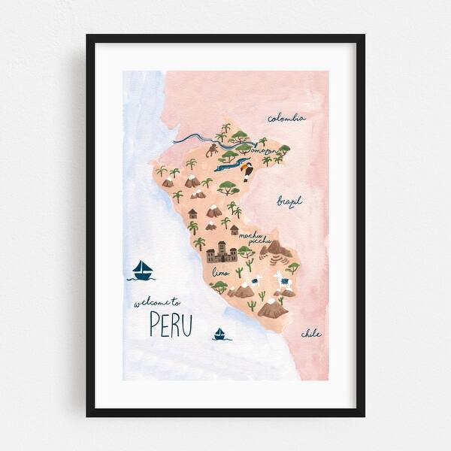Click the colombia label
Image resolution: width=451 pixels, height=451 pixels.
point(286,117)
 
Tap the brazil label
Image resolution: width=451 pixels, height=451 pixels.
point(289,201)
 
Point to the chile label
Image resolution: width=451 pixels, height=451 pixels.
point(311,333)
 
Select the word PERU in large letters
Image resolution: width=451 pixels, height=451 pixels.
point(171,325)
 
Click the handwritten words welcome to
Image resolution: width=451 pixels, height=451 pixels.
point(157,303)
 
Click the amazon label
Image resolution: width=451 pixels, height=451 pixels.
point(265,151)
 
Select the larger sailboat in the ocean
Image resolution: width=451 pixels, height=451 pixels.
point(142,271)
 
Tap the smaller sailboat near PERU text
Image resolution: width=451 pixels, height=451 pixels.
point(219,334)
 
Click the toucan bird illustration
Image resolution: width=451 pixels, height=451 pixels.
point(247,173)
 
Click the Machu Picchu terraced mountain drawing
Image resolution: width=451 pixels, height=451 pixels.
point(280,250)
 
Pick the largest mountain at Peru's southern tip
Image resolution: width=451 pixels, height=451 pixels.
point(272,308)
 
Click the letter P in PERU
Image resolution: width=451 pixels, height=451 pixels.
point(155,325)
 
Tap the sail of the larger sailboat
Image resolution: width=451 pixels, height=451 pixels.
point(141,267)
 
